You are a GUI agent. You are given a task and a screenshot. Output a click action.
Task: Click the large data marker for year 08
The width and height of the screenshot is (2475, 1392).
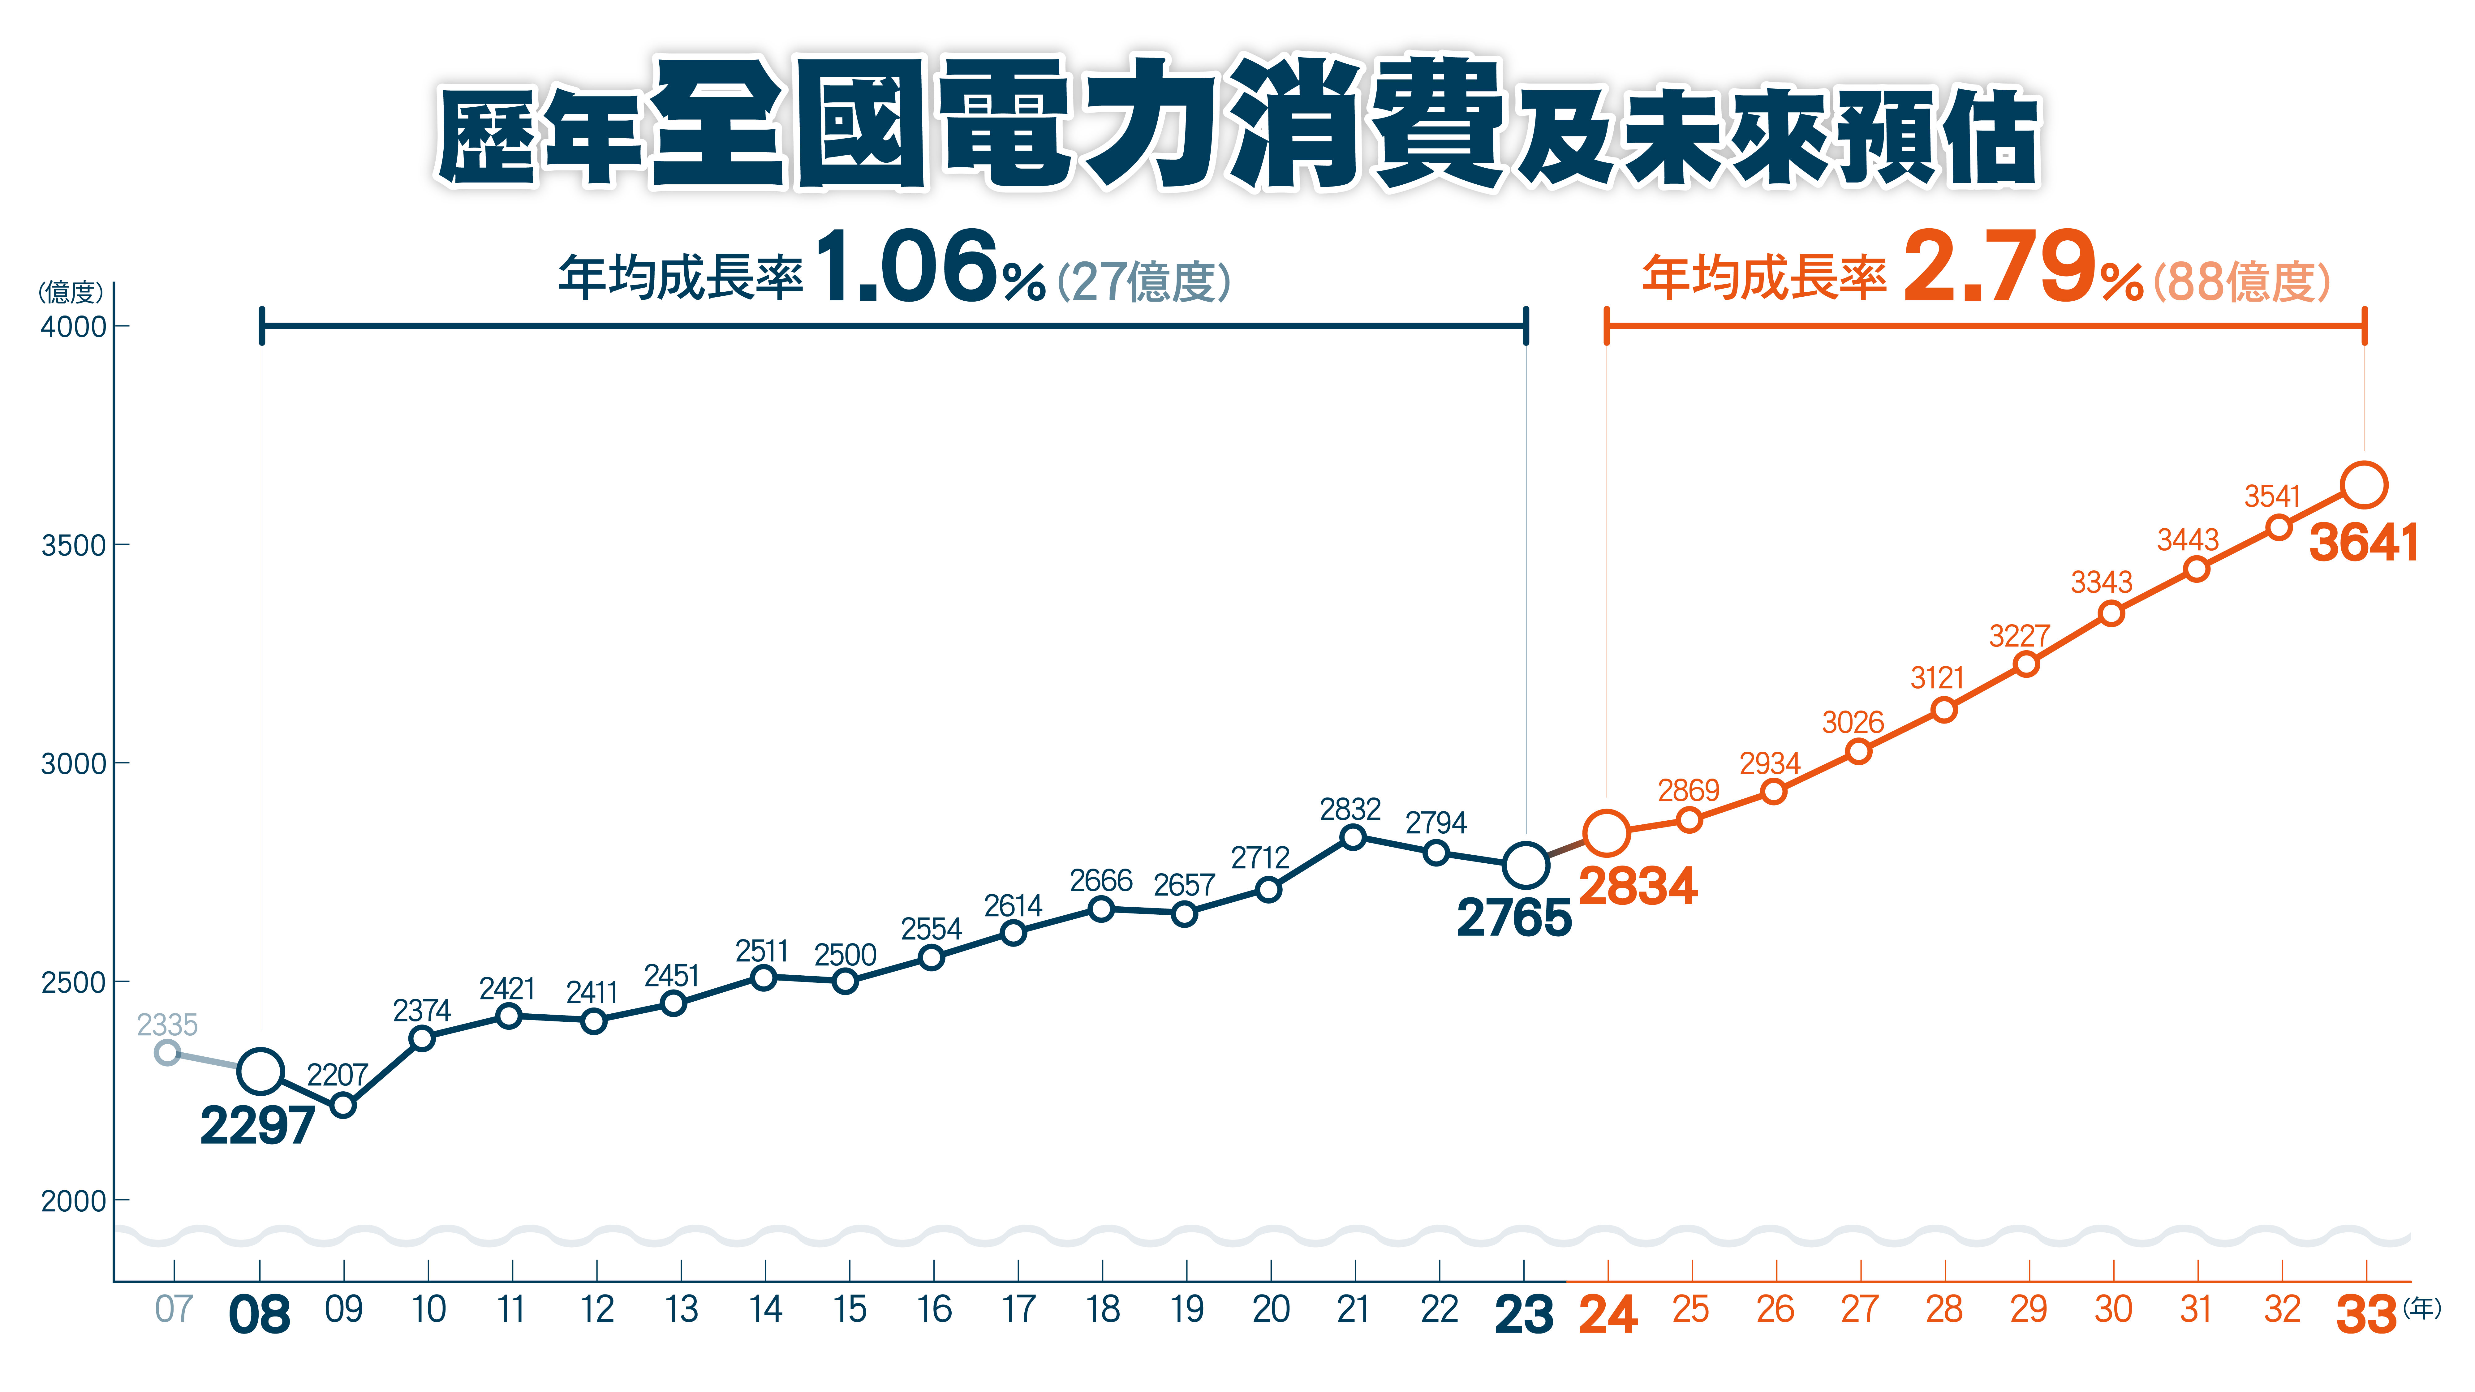click(260, 1071)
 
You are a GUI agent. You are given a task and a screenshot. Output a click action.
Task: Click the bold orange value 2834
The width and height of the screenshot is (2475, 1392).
click(1637, 886)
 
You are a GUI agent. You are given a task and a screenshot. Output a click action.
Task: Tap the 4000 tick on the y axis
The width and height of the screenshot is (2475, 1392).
click(73, 327)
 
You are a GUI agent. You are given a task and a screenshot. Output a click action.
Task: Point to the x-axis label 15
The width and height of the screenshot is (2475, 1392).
click(849, 1309)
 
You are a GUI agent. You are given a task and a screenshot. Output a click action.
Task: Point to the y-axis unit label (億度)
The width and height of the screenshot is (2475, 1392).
click(70, 291)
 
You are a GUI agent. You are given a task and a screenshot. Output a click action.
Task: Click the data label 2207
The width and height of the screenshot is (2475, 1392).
click(337, 1075)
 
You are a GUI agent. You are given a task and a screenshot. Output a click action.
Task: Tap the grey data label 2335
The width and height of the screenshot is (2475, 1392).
click(167, 1025)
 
